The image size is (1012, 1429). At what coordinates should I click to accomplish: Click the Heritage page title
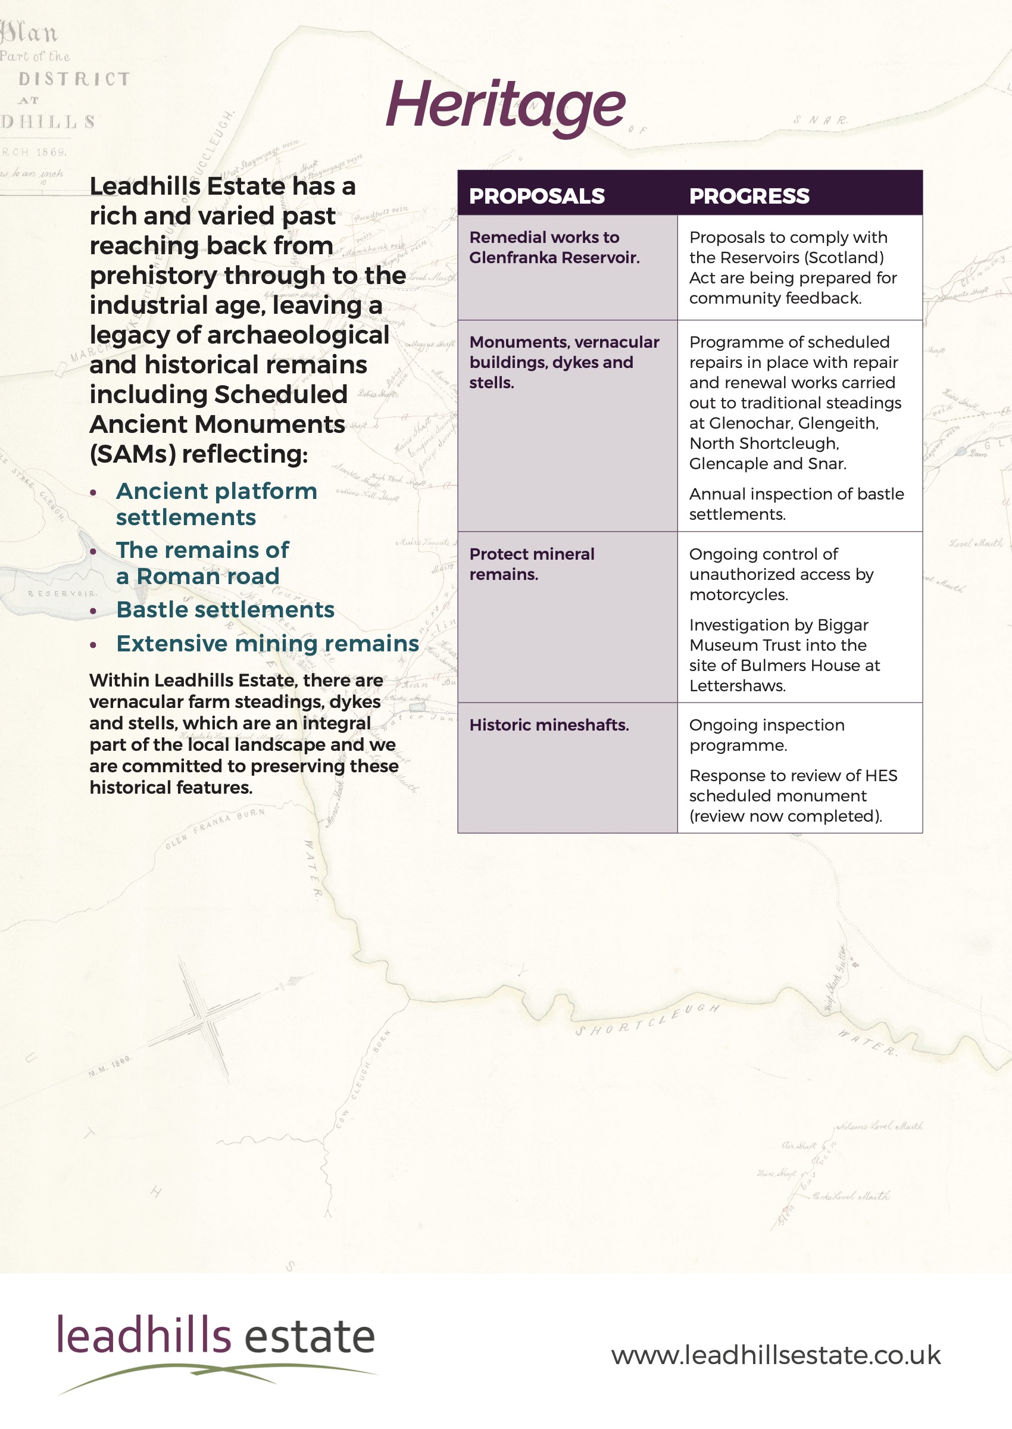click(x=505, y=105)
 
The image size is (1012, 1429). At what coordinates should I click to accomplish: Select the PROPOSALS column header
click(x=536, y=196)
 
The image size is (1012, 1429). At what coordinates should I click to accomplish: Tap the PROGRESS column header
click(x=749, y=196)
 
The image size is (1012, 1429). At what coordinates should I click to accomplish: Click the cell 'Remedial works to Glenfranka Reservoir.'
click(x=554, y=248)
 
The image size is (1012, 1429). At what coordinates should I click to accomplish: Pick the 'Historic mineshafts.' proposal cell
click(x=549, y=725)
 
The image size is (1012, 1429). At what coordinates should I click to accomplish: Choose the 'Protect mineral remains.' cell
click(x=532, y=564)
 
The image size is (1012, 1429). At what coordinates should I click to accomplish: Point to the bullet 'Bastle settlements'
click(x=225, y=610)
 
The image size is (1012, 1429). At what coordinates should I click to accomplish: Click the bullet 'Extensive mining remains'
click(x=267, y=643)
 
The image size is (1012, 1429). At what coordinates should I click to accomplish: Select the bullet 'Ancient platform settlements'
click(x=215, y=504)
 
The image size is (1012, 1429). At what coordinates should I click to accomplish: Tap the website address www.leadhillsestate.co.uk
click(x=776, y=1355)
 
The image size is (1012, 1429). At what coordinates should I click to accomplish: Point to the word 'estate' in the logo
click(x=310, y=1338)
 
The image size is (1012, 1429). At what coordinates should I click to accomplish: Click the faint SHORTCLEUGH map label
click(x=647, y=1020)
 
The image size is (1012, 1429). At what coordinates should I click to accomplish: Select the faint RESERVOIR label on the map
click(x=62, y=594)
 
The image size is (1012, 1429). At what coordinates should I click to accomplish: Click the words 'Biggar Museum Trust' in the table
click(x=778, y=635)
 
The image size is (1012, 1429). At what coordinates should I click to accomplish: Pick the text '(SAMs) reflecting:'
click(x=199, y=454)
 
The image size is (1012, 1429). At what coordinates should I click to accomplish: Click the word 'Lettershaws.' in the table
click(x=737, y=685)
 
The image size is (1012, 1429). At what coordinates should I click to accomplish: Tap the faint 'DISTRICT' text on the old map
click(x=74, y=79)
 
